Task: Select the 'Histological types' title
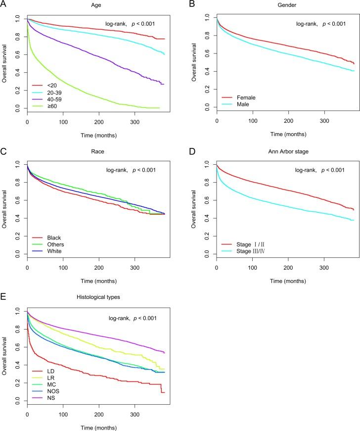(x=108, y=298)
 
